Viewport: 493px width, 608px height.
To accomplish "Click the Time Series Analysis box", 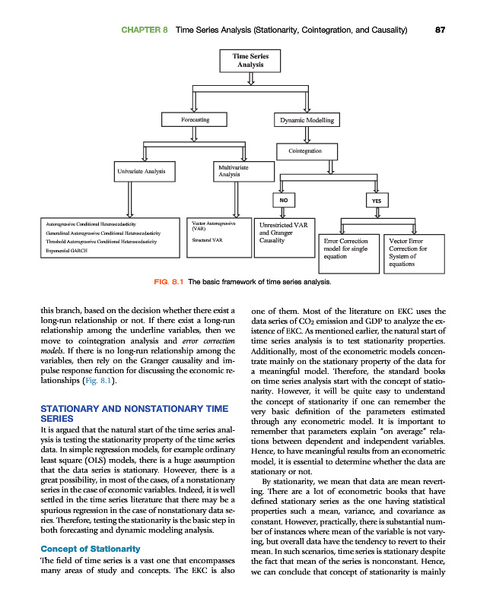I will (250, 60).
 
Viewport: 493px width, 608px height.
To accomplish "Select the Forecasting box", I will (195, 119).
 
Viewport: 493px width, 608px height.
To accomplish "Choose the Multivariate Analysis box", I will (237, 171).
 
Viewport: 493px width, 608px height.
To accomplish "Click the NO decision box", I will (284, 200).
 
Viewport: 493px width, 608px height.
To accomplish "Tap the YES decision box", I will (376, 200).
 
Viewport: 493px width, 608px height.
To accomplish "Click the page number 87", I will (440, 30).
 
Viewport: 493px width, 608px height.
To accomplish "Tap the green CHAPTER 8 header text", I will (144, 30).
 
